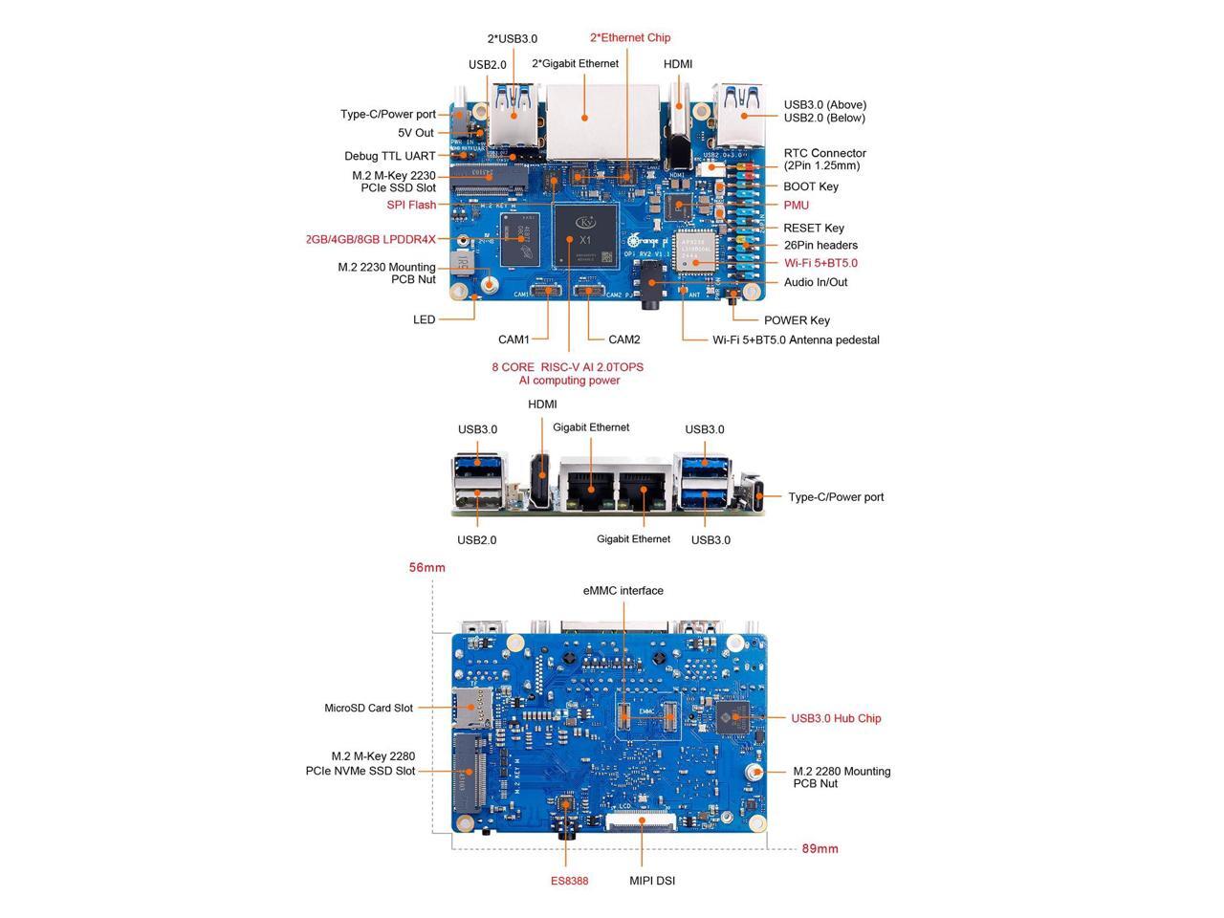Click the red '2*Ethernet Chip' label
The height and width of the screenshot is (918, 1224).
tap(630, 38)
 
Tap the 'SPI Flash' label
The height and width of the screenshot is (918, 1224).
tap(411, 205)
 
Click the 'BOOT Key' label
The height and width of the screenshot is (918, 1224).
tap(811, 186)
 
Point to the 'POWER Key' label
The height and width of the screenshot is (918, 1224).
tap(797, 320)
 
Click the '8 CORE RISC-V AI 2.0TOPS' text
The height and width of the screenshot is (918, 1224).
tap(568, 367)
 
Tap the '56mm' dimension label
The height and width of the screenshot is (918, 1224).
tap(427, 568)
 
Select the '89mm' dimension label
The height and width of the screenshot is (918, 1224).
tap(820, 849)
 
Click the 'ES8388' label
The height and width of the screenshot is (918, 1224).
tap(569, 881)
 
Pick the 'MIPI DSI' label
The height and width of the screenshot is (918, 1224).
tap(652, 881)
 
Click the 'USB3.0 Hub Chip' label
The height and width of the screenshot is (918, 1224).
tap(836, 718)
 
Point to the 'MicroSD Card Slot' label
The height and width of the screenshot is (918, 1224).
tap(368, 709)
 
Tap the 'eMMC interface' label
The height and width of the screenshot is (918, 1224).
tap(623, 591)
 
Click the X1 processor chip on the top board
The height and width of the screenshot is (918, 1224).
tap(583, 234)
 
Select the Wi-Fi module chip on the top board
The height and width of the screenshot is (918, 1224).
tap(694, 251)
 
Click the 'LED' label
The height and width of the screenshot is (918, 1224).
tap(424, 320)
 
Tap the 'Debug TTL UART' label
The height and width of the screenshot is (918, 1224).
tap(390, 156)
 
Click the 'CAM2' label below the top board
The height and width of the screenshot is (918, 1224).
tap(624, 339)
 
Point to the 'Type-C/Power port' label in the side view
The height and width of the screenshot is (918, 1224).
tap(836, 497)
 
